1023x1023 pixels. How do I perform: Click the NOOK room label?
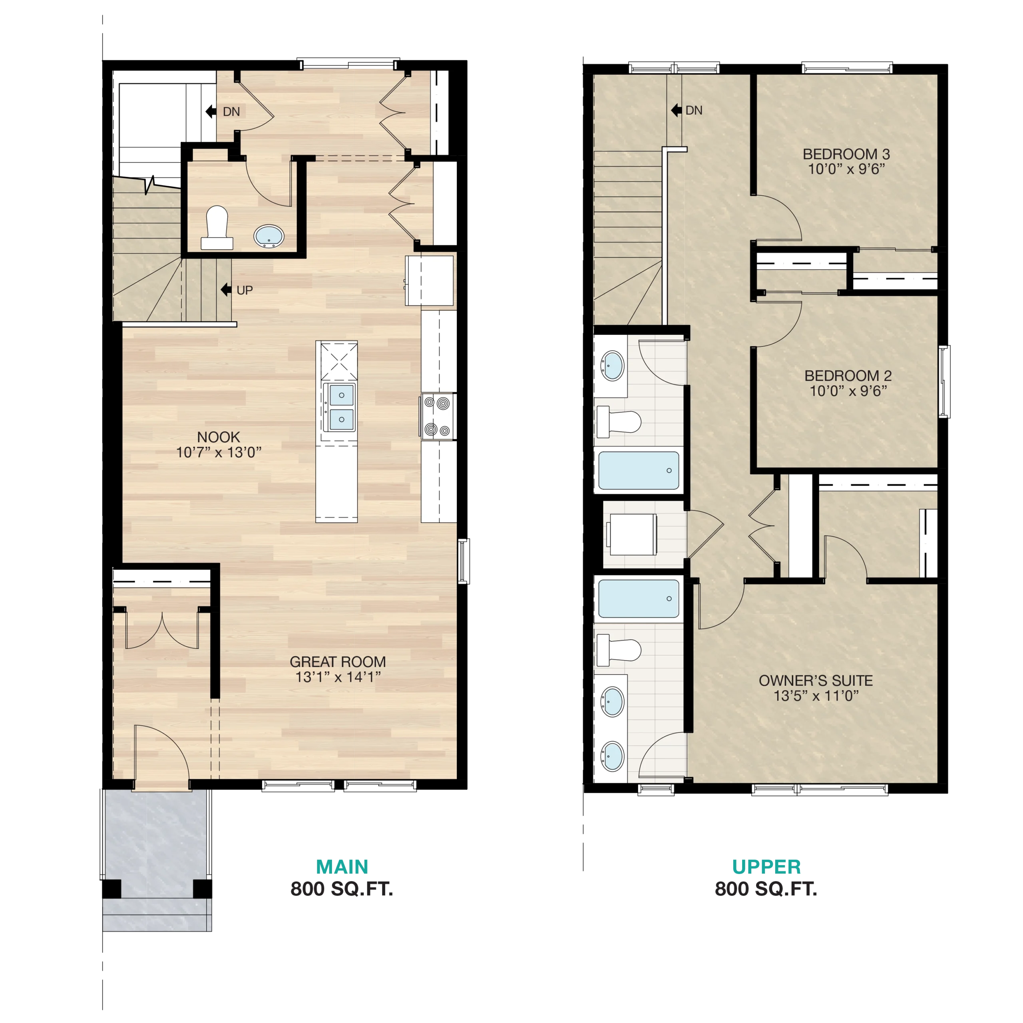click(x=218, y=437)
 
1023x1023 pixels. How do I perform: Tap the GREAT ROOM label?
click(x=338, y=662)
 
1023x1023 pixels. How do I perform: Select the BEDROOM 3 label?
click(x=846, y=154)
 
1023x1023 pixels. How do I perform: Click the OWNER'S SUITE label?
click(x=816, y=681)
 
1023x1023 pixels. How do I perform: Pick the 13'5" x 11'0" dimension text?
click(x=816, y=696)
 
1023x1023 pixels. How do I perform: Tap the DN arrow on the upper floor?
click(x=676, y=110)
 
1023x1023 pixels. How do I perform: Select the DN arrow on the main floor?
click(x=211, y=111)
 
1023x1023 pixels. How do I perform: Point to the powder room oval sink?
click(x=269, y=236)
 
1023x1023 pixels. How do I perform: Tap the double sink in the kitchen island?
click(x=339, y=407)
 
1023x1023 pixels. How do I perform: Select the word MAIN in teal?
click(x=342, y=867)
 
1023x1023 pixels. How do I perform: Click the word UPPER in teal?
click(x=766, y=867)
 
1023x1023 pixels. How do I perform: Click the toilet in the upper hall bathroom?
click(x=619, y=422)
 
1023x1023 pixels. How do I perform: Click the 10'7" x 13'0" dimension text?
click(x=219, y=452)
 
